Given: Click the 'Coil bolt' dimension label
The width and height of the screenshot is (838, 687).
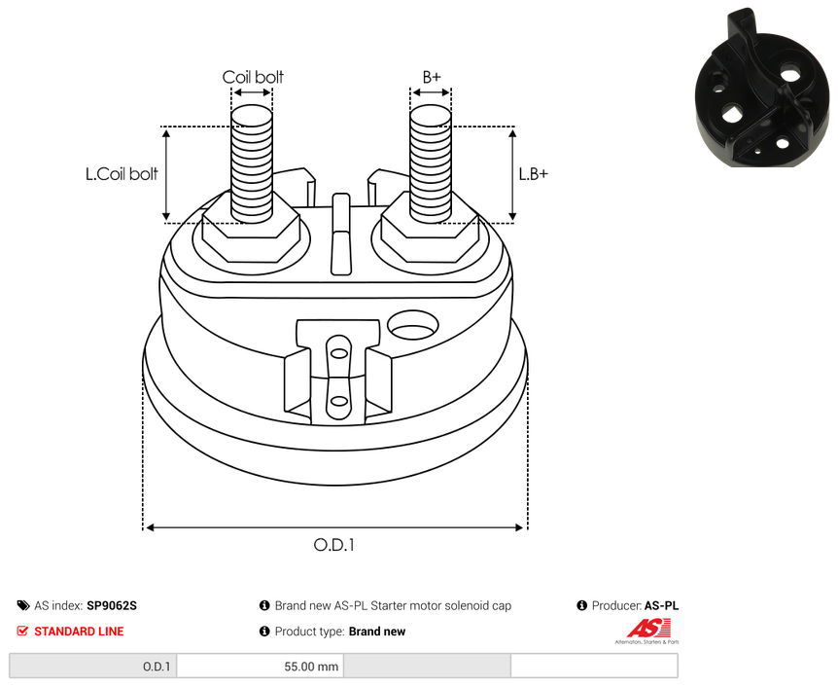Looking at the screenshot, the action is [x=253, y=77].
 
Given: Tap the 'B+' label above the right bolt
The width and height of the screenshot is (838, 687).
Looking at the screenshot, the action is [x=432, y=77].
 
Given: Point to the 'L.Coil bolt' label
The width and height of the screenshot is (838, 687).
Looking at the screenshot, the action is [x=122, y=174].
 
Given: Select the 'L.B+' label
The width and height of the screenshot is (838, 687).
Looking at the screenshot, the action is [x=534, y=174].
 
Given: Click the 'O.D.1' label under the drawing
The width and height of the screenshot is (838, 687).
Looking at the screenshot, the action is [x=334, y=545].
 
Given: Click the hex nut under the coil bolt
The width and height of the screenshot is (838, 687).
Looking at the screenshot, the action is [x=251, y=235].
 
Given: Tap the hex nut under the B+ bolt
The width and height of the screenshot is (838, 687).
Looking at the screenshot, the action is [x=430, y=235].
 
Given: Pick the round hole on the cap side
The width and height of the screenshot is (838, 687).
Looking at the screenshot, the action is [x=412, y=325].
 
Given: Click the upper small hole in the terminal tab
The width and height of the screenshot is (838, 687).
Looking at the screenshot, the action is [x=339, y=352].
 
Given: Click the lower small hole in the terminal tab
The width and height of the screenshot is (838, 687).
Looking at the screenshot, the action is [x=339, y=401].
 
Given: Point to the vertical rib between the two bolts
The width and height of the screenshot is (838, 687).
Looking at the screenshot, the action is [x=341, y=235].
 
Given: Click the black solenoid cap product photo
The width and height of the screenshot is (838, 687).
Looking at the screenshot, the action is [x=762, y=89].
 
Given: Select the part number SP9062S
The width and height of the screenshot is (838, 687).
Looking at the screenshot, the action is [x=112, y=605].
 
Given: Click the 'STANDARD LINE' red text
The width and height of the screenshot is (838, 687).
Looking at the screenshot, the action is [x=79, y=632].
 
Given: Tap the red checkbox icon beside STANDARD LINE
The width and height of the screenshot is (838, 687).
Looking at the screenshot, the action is [x=22, y=631].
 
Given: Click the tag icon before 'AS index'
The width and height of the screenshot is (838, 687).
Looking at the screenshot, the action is [x=23, y=605].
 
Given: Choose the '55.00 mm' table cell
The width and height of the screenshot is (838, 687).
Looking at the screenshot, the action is [x=261, y=667].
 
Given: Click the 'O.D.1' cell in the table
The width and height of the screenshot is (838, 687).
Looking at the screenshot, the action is [x=93, y=667].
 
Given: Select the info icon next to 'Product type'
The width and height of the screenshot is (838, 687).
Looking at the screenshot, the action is [x=264, y=632].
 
